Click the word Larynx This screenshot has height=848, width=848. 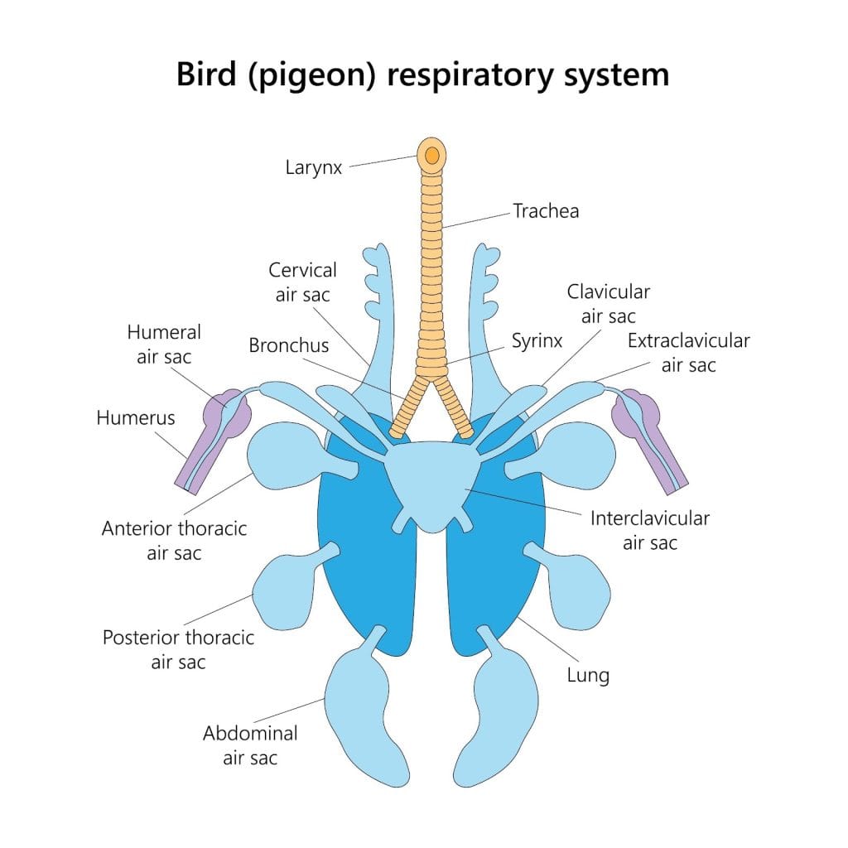click(313, 168)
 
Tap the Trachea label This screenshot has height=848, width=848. click(546, 211)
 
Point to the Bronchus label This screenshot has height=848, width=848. click(288, 345)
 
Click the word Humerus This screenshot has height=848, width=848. click(136, 417)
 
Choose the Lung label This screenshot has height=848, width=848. click(588, 675)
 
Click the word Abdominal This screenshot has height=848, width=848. click(249, 734)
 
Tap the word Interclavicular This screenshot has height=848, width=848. click(649, 519)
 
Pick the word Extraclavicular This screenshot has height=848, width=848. click(688, 340)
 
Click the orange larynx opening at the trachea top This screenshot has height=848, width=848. click(431, 155)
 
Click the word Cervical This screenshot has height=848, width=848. click(302, 271)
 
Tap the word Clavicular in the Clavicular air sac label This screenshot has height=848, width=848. click(608, 291)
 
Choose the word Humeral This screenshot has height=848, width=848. click(163, 332)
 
